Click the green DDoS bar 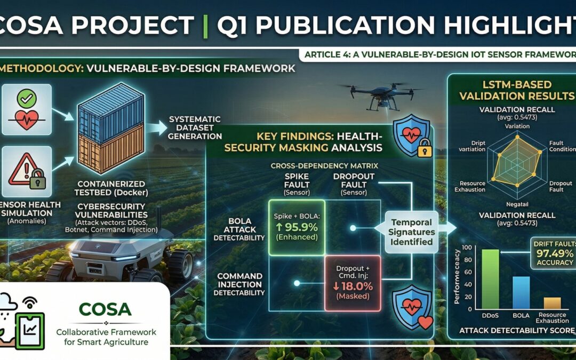490,280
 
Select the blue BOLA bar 521,293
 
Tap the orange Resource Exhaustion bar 551,303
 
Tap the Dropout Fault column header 354,183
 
